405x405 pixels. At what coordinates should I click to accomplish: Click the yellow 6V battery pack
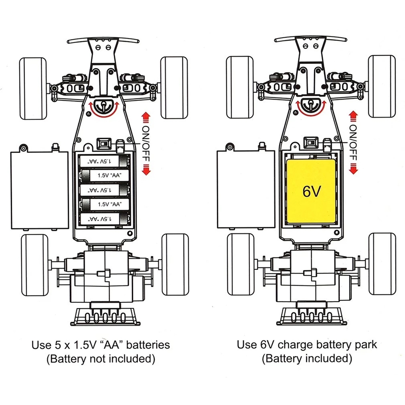[311, 191]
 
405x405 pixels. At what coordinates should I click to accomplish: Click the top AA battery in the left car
[105, 161]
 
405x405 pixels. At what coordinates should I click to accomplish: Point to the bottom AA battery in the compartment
[105, 219]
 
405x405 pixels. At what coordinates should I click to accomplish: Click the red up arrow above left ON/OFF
[146, 118]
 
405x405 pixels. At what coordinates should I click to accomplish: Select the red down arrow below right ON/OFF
[353, 167]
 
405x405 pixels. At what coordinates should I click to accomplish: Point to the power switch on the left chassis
[104, 144]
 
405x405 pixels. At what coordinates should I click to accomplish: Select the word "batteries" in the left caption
[147, 345]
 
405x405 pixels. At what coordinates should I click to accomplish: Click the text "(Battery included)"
[307, 358]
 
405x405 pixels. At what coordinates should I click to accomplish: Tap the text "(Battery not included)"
[101, 358]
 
